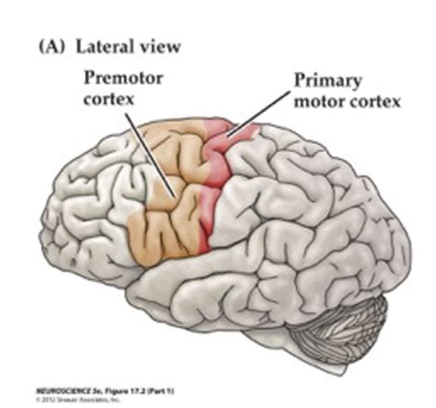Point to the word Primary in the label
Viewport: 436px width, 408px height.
[x=324, y=80]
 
